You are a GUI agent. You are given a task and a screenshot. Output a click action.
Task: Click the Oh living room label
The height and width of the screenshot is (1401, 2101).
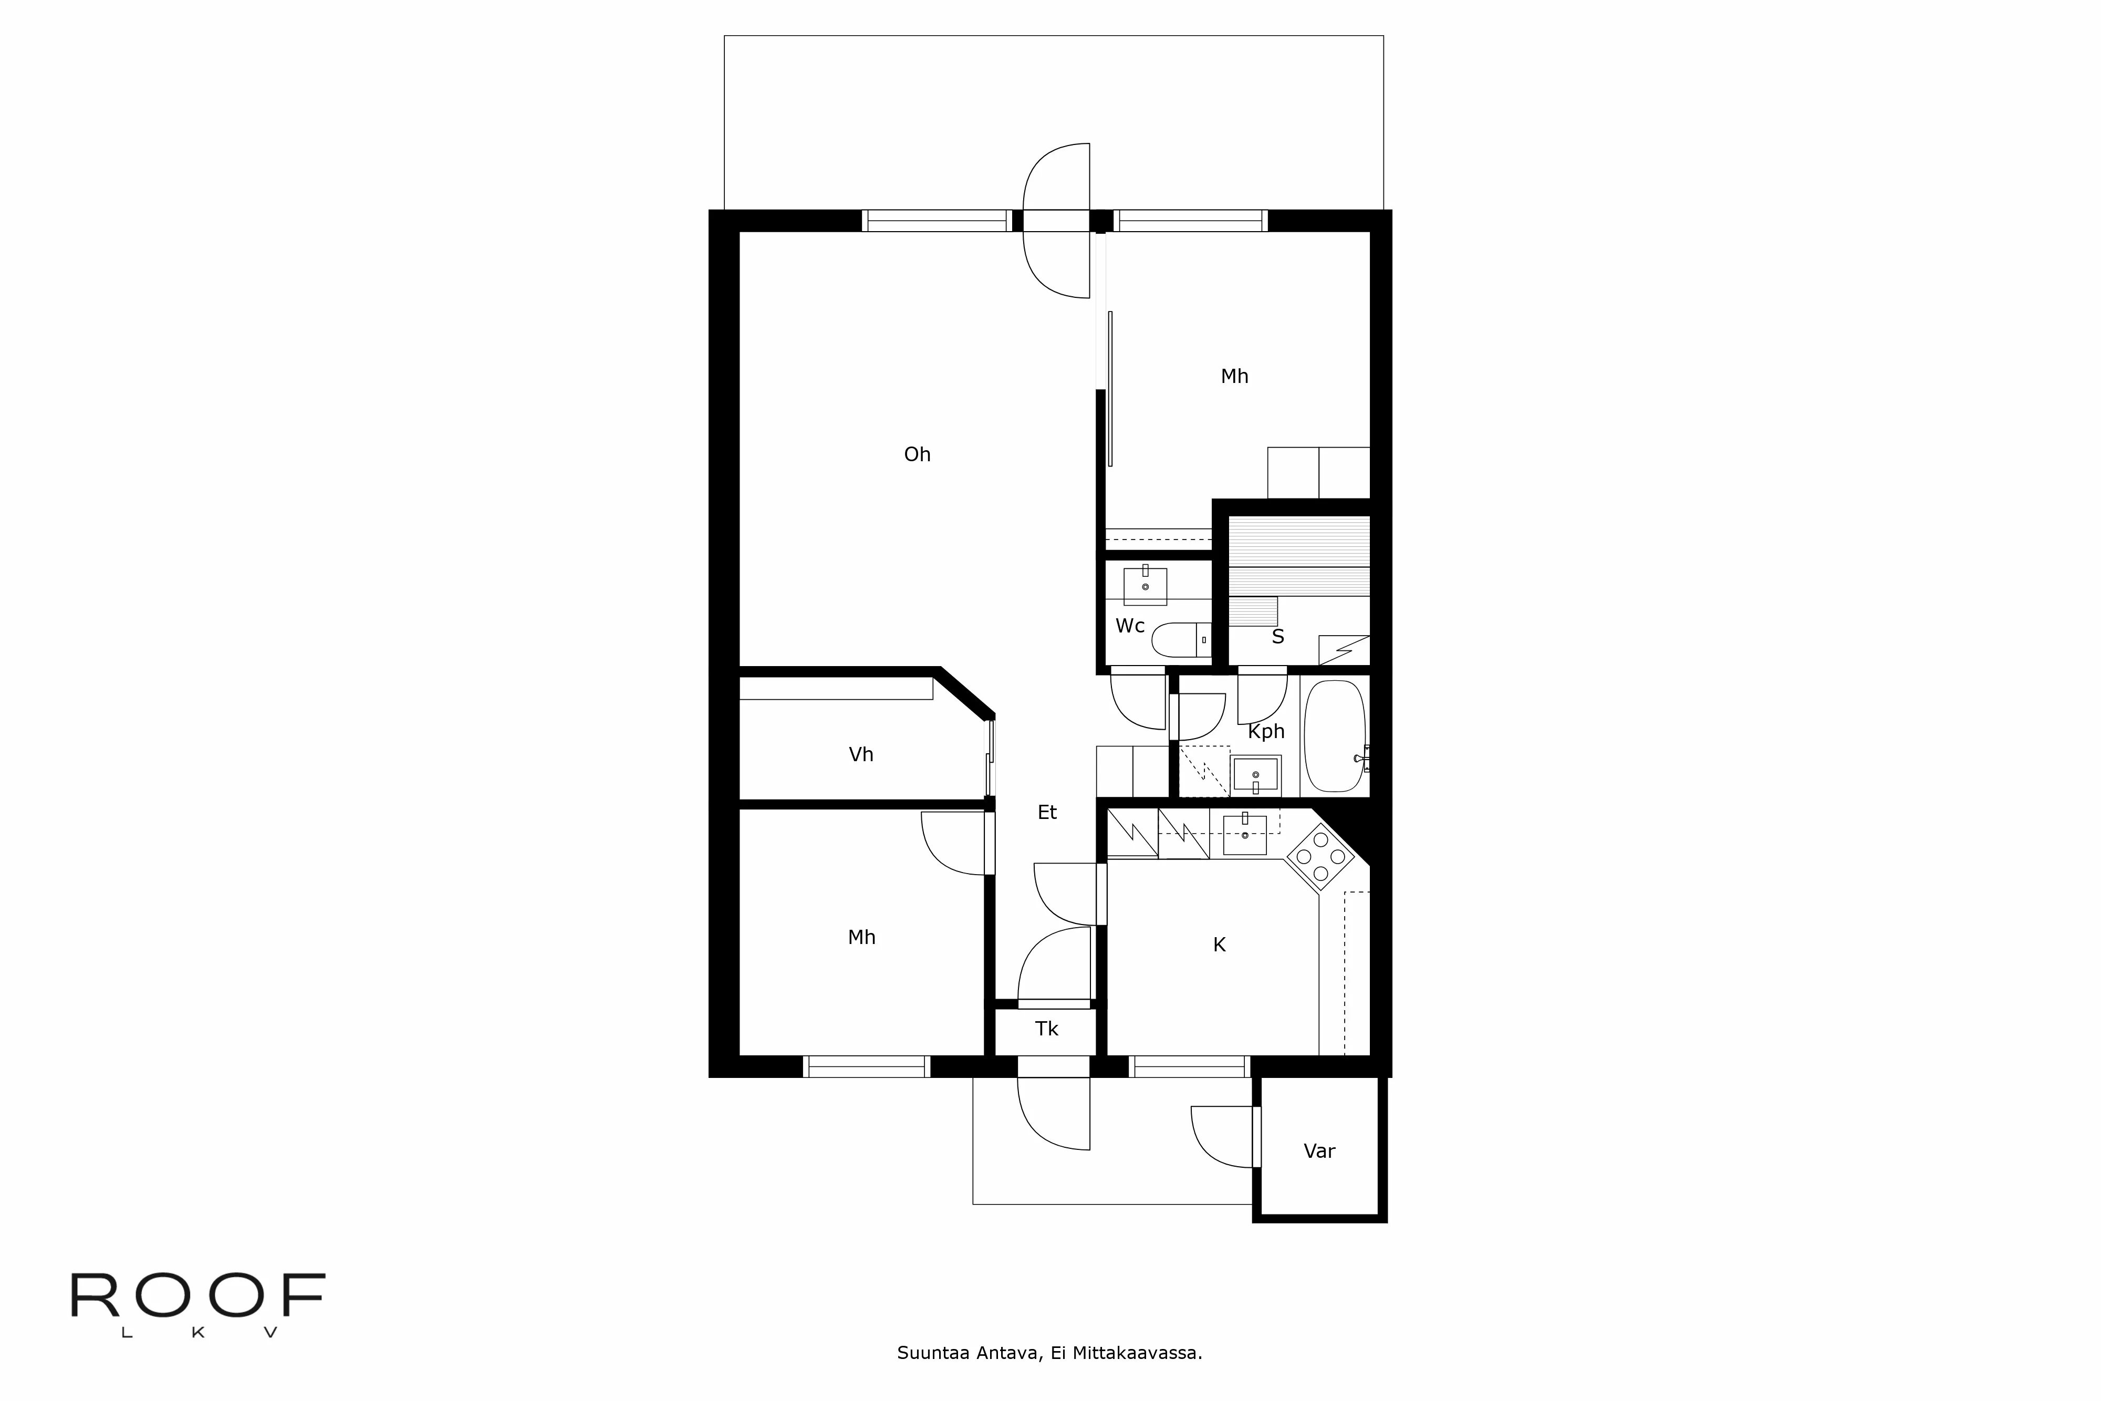(x=918, y=455)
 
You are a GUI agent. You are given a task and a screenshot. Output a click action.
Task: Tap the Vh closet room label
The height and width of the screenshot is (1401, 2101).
(x=861, y=755)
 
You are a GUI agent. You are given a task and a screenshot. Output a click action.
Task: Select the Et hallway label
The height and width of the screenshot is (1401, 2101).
(x=1047, y=812)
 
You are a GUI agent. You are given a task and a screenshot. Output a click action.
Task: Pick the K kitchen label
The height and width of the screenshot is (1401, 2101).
(x=1219, y=946)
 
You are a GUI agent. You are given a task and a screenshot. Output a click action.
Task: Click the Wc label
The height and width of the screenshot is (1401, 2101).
(x=1130, y=626)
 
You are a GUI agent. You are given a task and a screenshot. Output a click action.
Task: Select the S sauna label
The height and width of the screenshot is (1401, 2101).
(x=1277, y=637)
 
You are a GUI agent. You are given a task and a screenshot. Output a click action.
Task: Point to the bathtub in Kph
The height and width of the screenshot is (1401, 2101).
(x=1335, y=736)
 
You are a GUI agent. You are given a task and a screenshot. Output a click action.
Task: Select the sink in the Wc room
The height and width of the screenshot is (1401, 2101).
(x=1145, y=586)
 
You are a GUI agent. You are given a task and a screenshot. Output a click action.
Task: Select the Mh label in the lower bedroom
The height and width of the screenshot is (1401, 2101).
(x=861, y=937)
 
